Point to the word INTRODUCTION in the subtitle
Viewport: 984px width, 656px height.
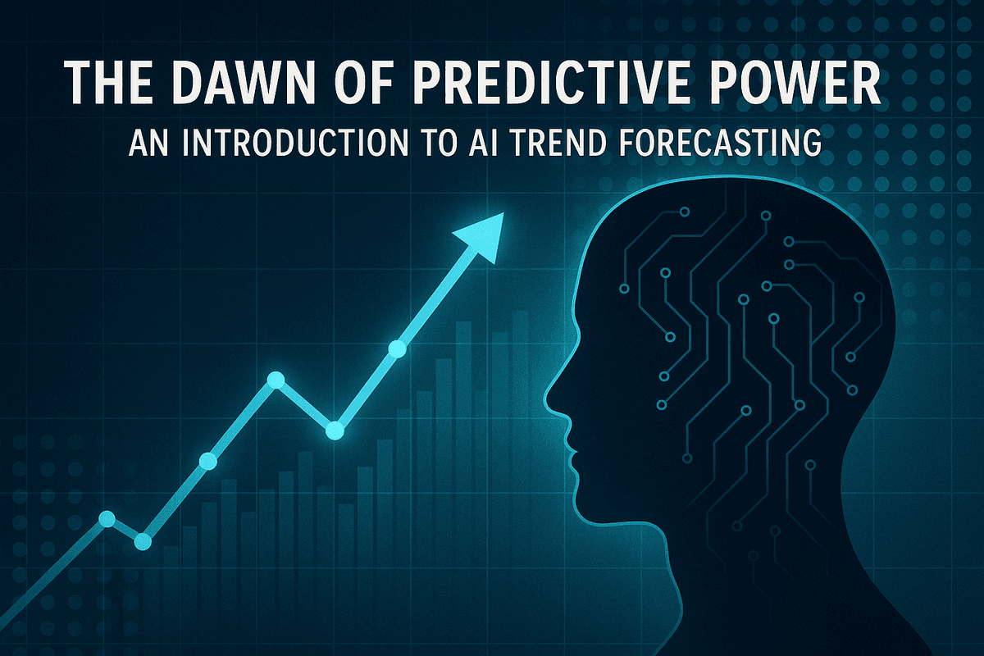pos(295,143)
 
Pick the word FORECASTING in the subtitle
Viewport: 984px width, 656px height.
pos(721,143)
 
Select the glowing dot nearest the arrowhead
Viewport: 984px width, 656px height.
pos(397,349)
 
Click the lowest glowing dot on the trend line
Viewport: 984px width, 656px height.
pos(143,541)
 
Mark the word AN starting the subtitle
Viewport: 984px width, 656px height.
pos(148,143)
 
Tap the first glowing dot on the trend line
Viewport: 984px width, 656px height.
pos(107,519)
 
